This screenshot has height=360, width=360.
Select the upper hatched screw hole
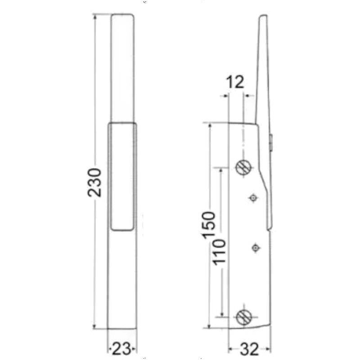(243, 168)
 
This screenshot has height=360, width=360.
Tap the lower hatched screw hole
(243, 317)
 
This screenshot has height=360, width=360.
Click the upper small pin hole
(254, 198)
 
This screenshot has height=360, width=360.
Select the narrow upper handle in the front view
(122, 67)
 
